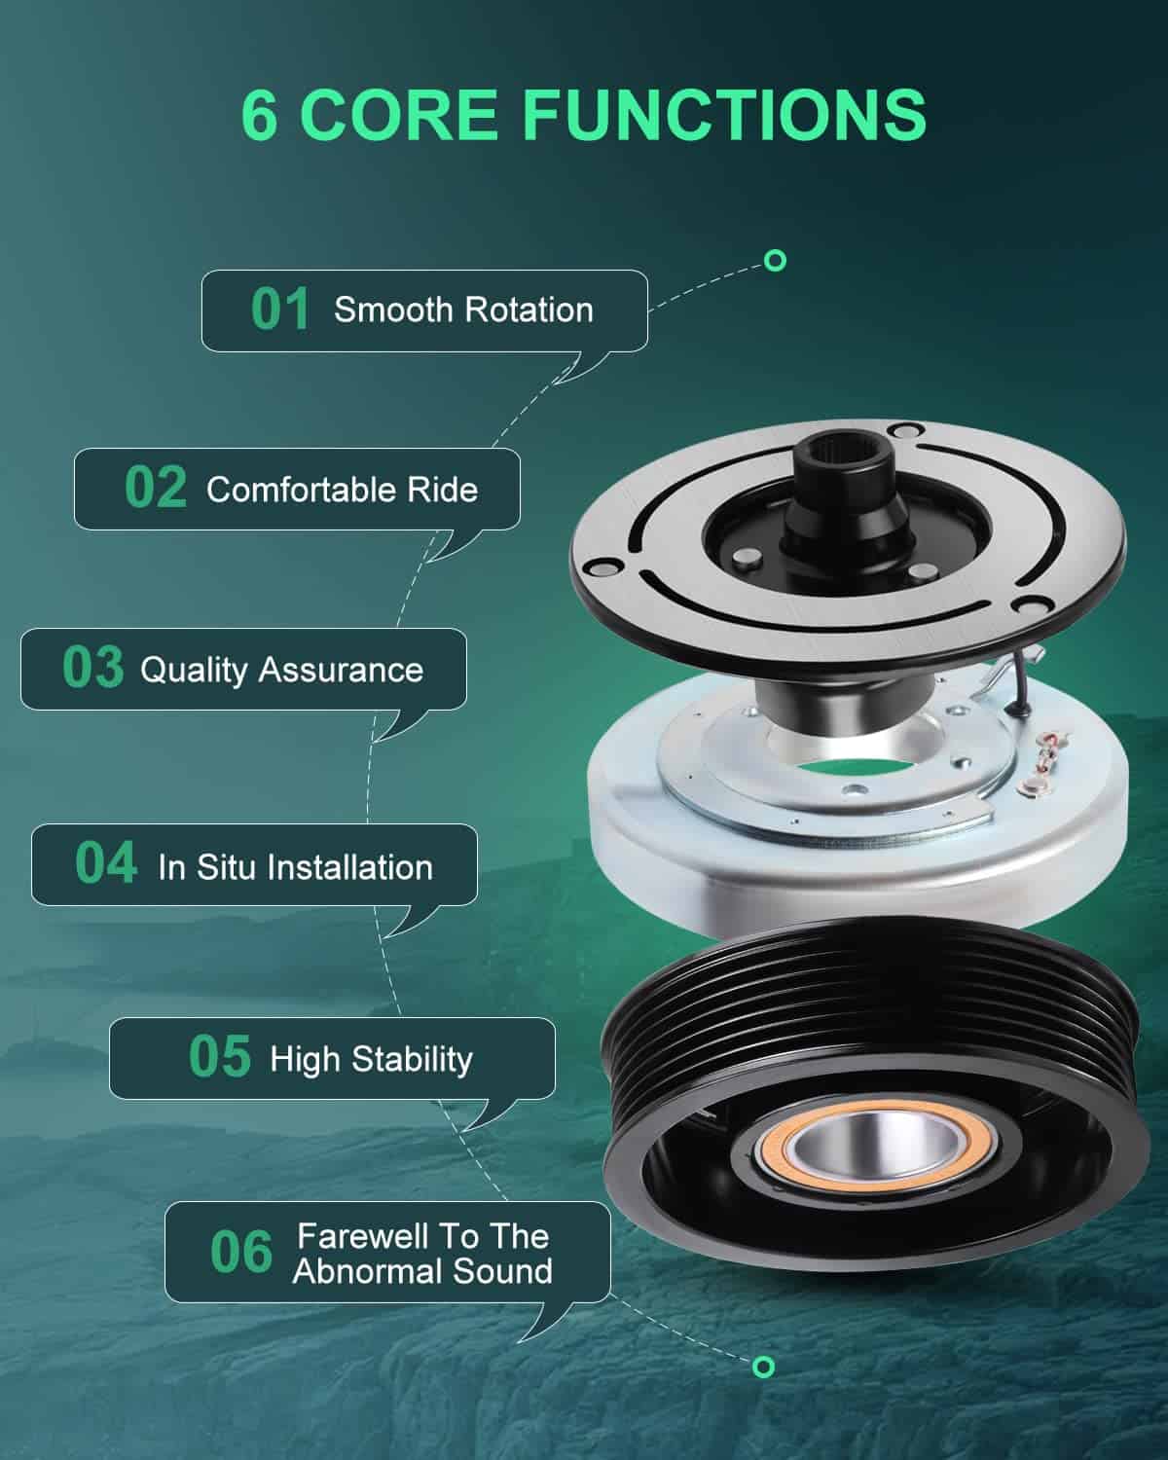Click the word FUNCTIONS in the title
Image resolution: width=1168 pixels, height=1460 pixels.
[x=724, y=115]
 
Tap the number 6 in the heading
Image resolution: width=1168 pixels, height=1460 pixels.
[x=259, y=115]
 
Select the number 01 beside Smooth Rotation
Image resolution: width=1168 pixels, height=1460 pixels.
[x=280, y=310]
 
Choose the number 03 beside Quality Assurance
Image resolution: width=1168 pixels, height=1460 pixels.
[x=93, y=668]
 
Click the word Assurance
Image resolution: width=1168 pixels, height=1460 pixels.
[x=341, y=671]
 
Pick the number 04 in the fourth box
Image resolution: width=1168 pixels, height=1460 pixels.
[x=106, y=863]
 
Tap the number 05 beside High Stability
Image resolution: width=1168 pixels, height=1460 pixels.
[x=220, y=1057]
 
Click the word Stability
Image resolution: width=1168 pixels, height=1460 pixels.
[x=412, y=1060]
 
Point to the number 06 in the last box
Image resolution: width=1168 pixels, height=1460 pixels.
[x=241, y=1252]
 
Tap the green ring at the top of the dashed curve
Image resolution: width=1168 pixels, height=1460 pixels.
[x=775, y=261]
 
